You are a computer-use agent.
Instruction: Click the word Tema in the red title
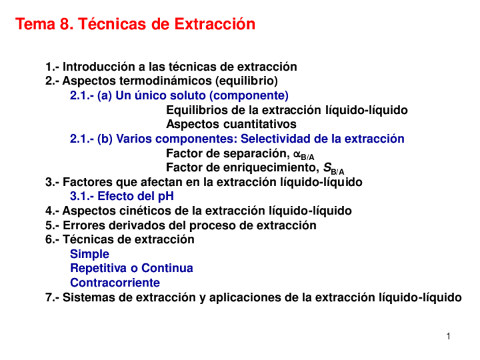point(35,24)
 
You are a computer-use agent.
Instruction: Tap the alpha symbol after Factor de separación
point(297,153)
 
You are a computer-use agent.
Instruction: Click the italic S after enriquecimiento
point(327,168)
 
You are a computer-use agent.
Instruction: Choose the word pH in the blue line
point(166,196)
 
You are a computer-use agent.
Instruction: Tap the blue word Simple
point(89,254)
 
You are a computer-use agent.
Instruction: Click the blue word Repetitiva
point(98,268)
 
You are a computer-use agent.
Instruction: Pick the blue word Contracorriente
point(115,283)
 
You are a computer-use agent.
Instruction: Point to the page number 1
point(448,336)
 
